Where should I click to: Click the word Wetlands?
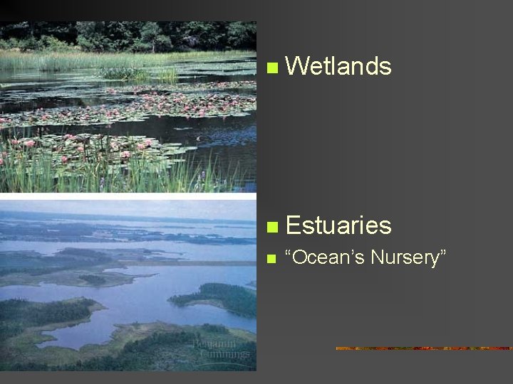click(338, 67)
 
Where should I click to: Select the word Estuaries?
click(338, 226)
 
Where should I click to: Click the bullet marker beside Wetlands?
click(269, 68)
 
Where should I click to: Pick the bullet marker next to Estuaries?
click(269, 228)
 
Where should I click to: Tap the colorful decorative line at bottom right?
click(424, 348)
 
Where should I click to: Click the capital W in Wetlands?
click(297, 67)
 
